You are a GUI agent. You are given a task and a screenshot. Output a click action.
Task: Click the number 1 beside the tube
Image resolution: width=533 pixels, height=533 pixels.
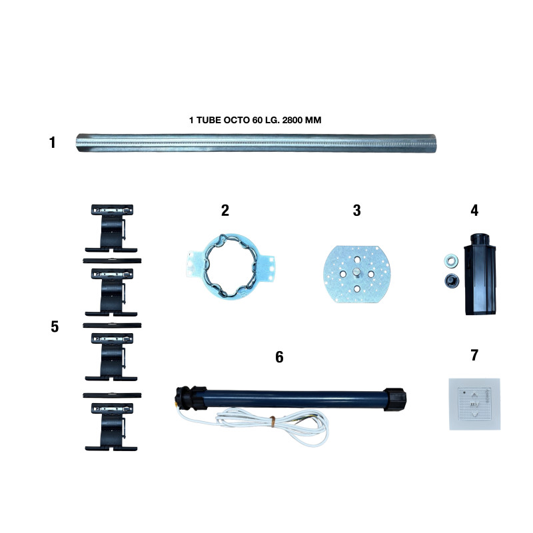(52, 143)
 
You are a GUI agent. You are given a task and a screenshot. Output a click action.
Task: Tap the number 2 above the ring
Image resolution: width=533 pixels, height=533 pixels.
(225, 211)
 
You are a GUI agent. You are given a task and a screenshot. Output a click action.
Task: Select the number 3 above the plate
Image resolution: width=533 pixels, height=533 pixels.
(356, 211)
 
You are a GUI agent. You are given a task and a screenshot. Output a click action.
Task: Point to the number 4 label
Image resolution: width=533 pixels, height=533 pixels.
(474, 211)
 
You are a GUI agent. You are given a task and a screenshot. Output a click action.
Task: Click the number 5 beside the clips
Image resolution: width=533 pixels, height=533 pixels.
(55, 326)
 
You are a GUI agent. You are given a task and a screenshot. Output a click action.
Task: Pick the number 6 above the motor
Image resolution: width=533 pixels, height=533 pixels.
(279, 357)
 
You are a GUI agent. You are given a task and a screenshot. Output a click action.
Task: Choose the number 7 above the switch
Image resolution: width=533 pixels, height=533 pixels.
(474, 355)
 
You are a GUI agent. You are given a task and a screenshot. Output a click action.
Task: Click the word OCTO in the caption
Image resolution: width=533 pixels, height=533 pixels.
(237, 120)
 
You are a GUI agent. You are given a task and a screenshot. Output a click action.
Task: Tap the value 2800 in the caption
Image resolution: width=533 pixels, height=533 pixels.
(292, 120)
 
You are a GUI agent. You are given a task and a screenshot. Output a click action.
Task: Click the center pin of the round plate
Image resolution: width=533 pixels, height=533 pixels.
(356, 272)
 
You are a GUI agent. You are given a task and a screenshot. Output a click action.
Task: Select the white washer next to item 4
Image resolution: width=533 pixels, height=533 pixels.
(451, 261)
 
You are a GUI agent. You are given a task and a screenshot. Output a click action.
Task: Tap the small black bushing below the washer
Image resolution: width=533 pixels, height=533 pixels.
(452, 280)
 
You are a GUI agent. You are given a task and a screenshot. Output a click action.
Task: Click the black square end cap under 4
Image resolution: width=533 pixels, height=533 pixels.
(480, 274)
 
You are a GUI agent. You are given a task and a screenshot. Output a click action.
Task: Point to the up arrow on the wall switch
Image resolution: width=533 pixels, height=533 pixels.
(474, 395)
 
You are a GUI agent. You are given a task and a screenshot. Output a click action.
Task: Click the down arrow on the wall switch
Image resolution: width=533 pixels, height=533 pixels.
(474, 414)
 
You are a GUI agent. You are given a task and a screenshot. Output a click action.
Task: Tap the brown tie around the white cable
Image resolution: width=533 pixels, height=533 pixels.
(272, 420)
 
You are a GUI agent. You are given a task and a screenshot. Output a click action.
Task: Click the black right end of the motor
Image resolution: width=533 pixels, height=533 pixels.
(394, 399)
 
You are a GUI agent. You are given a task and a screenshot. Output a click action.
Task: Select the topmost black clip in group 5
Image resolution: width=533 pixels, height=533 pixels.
(111, 228)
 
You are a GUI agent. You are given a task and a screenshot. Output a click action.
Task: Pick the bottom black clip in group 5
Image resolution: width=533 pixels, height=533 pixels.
(111, 427)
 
